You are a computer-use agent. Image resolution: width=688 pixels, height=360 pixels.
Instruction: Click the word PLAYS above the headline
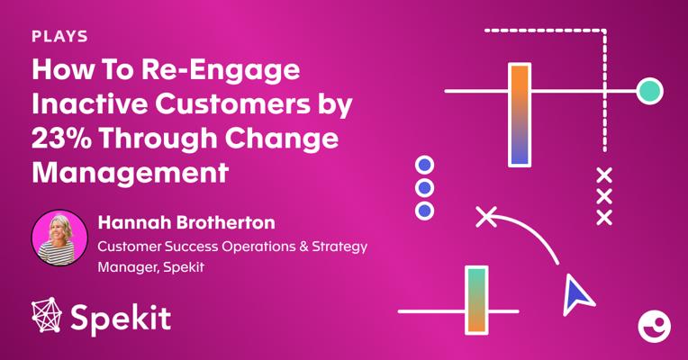tap(59, 36)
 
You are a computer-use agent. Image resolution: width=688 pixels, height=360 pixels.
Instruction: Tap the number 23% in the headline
tap(61, 138)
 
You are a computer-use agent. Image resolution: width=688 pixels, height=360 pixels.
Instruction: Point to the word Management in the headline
tap(131, 172)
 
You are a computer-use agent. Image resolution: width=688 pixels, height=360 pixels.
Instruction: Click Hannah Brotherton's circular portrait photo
tap(59, 238)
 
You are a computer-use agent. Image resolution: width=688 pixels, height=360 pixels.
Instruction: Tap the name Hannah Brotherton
tap(186, 222)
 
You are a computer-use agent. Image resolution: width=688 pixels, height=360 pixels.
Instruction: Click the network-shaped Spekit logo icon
tap(47, 315)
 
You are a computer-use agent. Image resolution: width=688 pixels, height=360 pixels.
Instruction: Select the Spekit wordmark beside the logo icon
tap(121, 319)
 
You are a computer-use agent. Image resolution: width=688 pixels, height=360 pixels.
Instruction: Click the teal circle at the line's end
tap(650, 91)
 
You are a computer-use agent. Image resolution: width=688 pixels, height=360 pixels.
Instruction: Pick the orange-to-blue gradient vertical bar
tap(520, 115)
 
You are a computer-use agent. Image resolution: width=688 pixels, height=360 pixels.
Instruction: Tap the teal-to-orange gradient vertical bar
tap(476, 300)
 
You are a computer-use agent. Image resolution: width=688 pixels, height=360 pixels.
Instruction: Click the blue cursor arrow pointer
tap(576, 294)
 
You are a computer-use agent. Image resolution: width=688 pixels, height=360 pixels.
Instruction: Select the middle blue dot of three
tap(424, 188)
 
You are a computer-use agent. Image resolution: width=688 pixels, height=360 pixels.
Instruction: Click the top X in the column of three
tap(604, 175)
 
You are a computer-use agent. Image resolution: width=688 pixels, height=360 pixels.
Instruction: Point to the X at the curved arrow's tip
tap(486, 217)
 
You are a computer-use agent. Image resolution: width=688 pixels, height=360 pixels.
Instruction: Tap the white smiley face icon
tap(654, 326)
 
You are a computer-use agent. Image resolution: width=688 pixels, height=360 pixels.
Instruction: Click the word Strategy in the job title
tap(339, 247)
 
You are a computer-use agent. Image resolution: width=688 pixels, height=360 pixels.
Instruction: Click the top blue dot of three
tap(424, 166)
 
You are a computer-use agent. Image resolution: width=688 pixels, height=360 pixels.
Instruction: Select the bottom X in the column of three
tap(604, 218)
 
